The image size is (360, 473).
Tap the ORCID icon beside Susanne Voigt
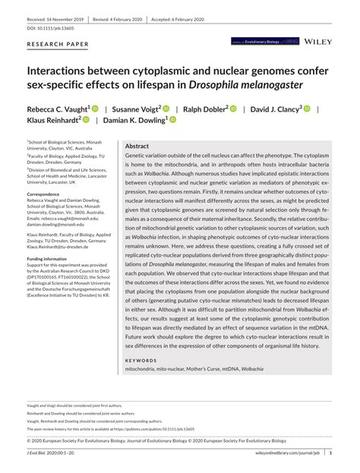pyautogui.click(x=166, y=109)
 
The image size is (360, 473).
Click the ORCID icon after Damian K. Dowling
pyautogui.click(x=172, y=121)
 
